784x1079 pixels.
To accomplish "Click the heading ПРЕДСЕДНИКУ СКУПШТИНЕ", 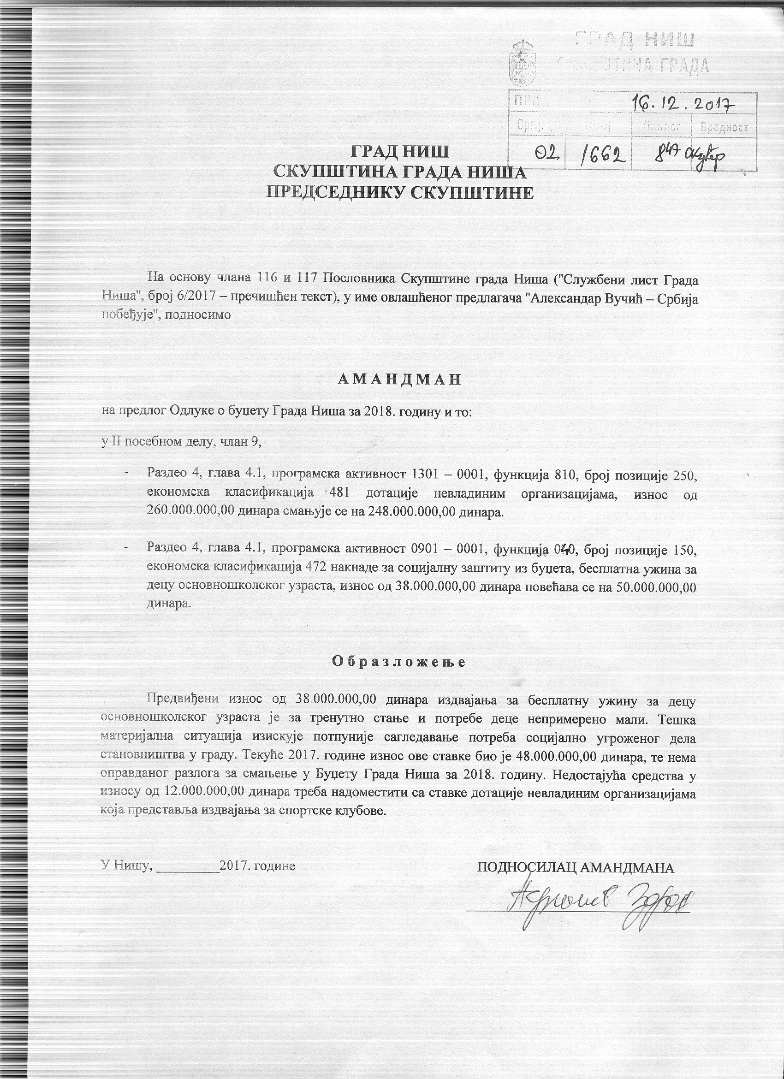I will (400, 193).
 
